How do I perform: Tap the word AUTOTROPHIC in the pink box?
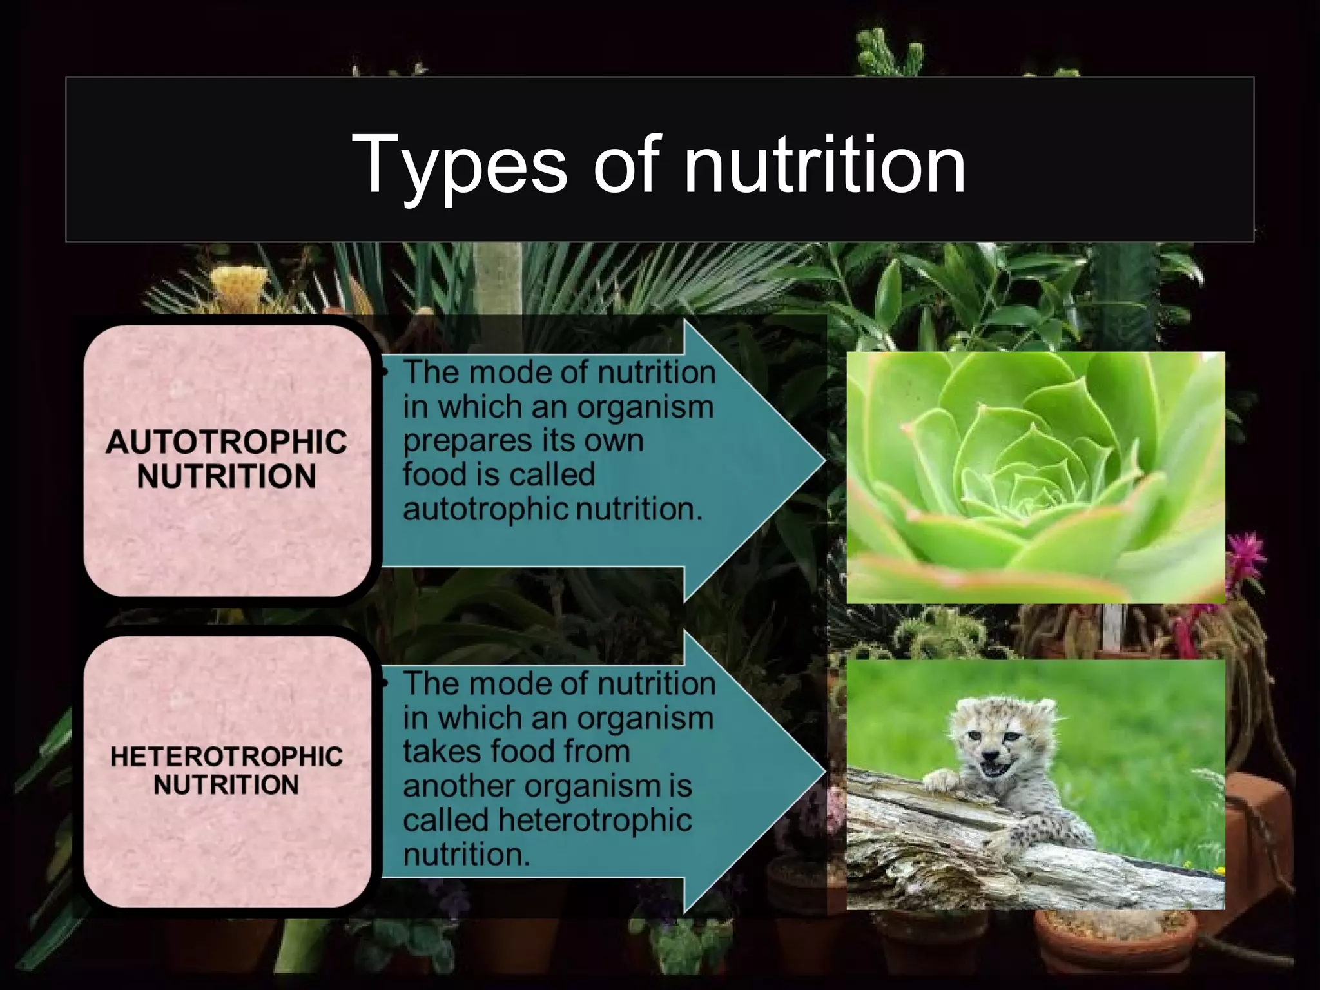[226, 442]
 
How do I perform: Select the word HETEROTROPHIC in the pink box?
[226, 757]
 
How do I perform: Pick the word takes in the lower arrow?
[442, 752]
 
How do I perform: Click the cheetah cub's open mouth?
[996, 769]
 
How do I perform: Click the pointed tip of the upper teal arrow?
[824, 461]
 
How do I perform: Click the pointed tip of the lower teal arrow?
[824, 772]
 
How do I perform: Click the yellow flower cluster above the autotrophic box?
[240, 284]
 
